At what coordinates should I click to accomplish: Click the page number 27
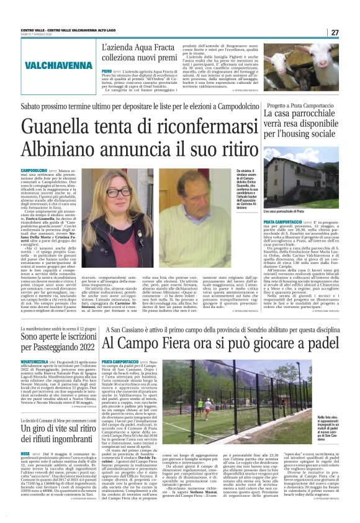coord(335,32)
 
